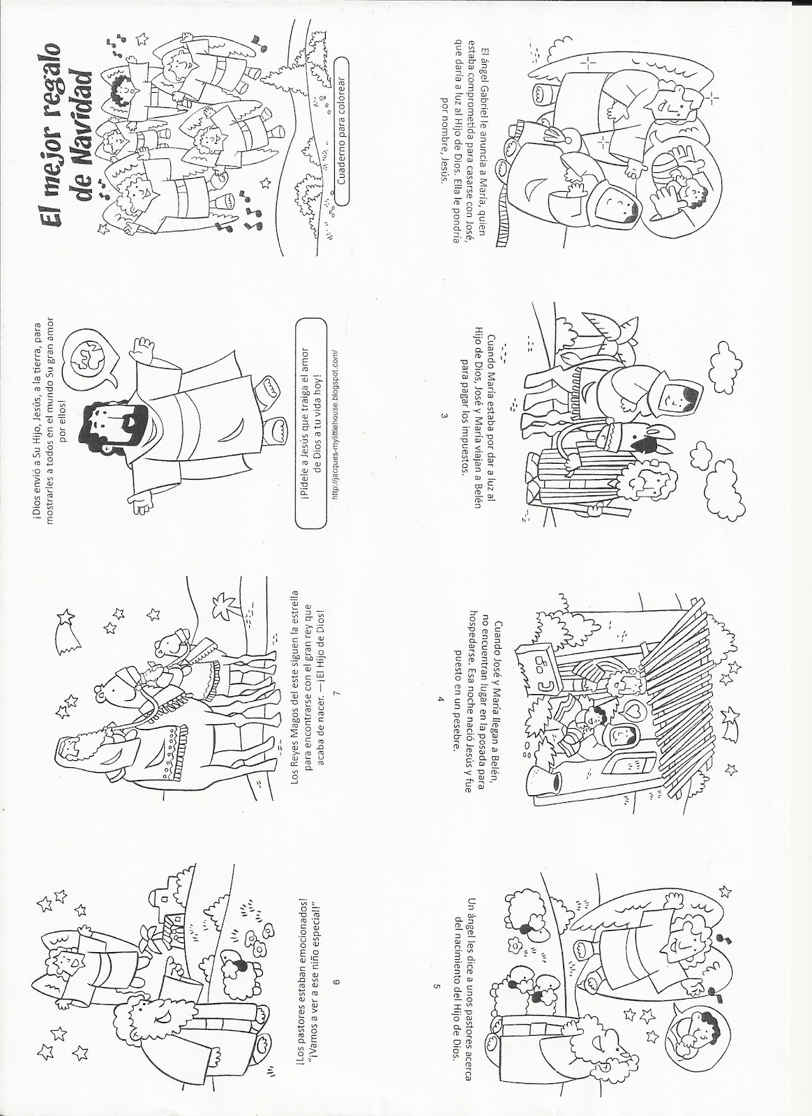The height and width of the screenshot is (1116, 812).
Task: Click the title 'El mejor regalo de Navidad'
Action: click(x=67, y=135)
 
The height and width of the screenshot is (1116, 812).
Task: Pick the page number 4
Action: click(x=440, y=698)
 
